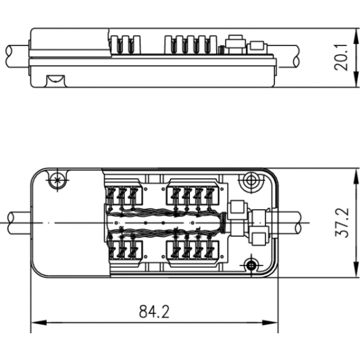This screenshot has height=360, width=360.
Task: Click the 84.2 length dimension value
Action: tap(154, 311)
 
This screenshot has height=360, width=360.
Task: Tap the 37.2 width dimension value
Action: tap(342, 223)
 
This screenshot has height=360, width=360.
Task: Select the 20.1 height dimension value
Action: tap(341, 58)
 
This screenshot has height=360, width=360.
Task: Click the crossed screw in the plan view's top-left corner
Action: tap(58, 180)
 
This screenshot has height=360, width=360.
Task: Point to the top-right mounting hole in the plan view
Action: tap(251, 181)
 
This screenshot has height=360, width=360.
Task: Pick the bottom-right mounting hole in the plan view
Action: tap(252, 265)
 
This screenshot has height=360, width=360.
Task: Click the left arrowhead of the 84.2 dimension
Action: tap(38, 322)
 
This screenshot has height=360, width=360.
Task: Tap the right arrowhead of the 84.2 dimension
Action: tap(270, 322)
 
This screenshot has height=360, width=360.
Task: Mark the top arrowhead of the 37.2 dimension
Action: tap(356, 176)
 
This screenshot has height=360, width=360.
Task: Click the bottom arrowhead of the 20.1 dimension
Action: tap(356, 80)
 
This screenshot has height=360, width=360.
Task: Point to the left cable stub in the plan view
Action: tap(19, 223)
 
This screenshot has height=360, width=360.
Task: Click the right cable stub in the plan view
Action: tap(289, 223)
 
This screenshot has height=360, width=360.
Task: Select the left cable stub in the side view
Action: tap(17, 56)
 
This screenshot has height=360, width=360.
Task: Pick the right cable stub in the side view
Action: tap(284, 57)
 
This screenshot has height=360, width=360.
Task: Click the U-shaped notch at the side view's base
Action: tap(56, 81)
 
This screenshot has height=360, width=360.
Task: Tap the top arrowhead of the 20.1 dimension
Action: tap(356, 36)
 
